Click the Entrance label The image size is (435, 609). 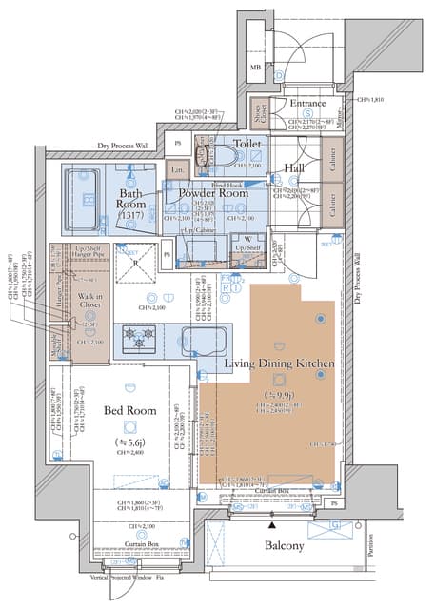point(308,104)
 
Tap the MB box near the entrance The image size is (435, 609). point(255,69)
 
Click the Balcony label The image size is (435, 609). point(285,546)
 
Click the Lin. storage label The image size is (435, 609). point(176,171)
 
